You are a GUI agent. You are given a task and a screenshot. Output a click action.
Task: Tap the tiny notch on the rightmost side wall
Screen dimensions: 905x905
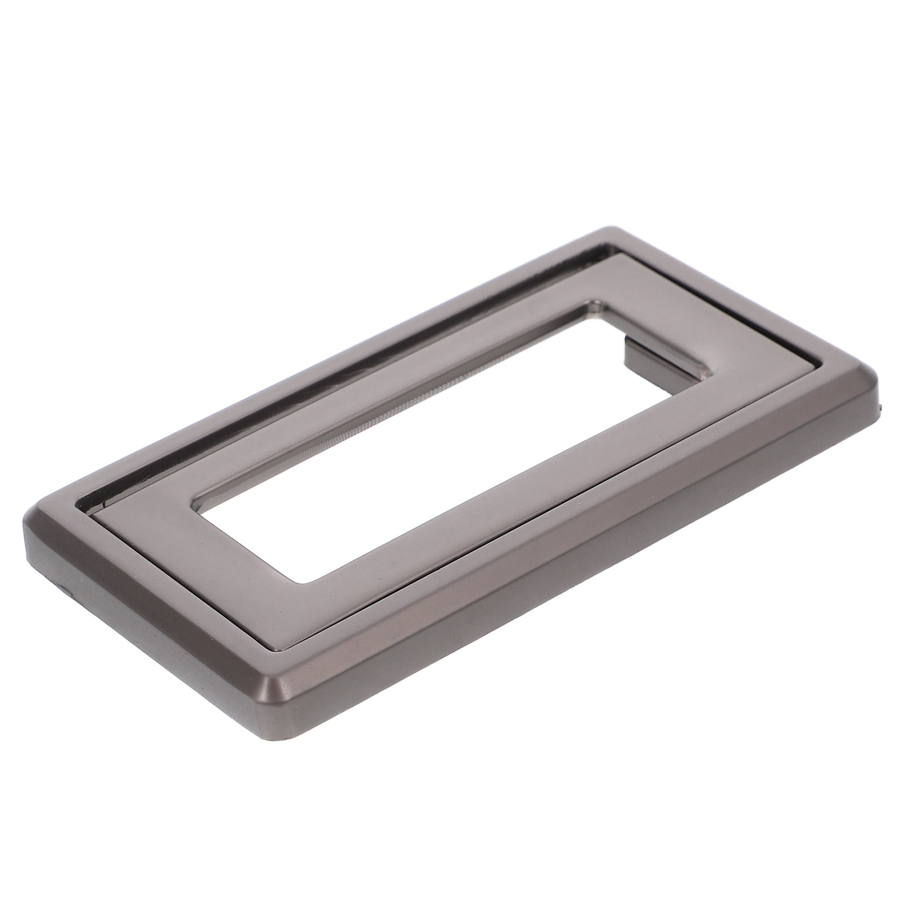point(879,406)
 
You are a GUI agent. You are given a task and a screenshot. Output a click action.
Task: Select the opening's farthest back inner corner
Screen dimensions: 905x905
point(594,303)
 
